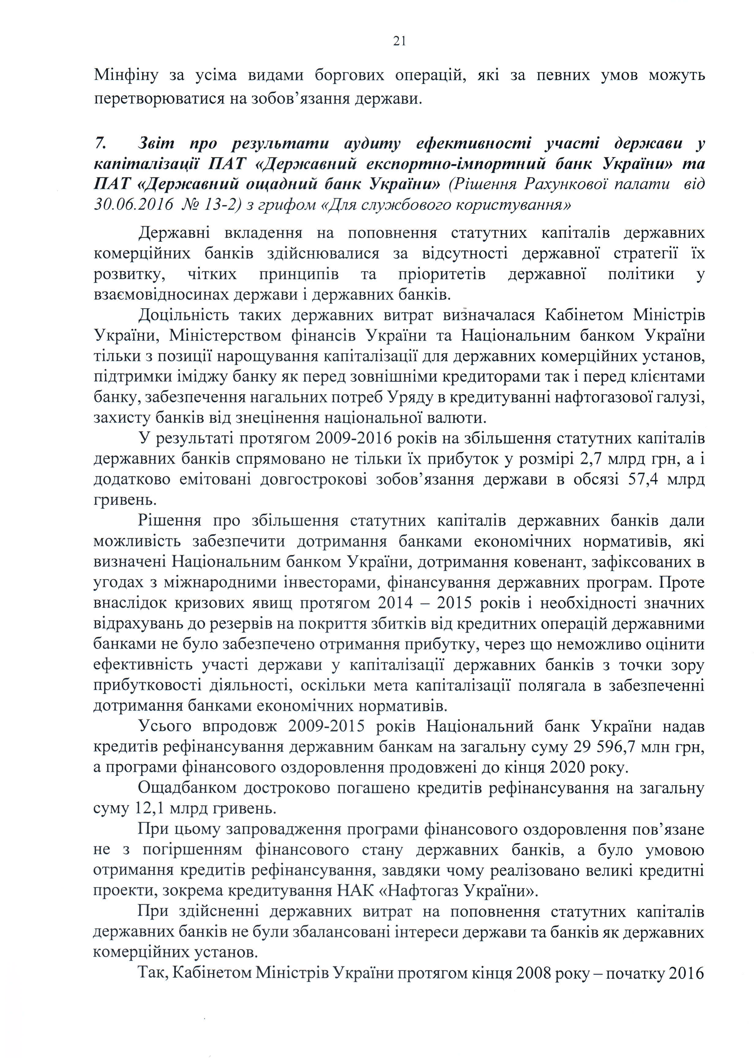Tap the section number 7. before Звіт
(x=101, y=144)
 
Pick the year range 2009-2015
(x=326, y=726)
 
